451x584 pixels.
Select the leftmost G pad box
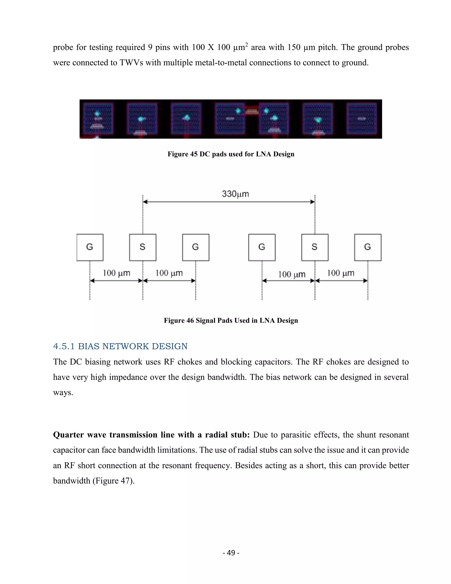(90, 247)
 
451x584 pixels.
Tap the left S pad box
(143, 247)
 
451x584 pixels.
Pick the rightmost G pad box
(368, 247)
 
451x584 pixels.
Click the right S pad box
(315, 247)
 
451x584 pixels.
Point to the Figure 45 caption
(231, 154)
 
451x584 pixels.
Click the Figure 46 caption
(231, 320)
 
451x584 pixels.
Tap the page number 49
(231, 552)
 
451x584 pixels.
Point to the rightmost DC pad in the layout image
(362, 119)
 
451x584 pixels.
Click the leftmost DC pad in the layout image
(98, 119)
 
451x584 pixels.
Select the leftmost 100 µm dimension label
(116, 273)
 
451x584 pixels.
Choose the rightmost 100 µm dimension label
(341, 273)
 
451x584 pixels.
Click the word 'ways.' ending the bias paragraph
(63, 392)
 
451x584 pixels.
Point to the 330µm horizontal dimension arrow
(229, 202)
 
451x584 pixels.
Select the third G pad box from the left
(262, 247)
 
